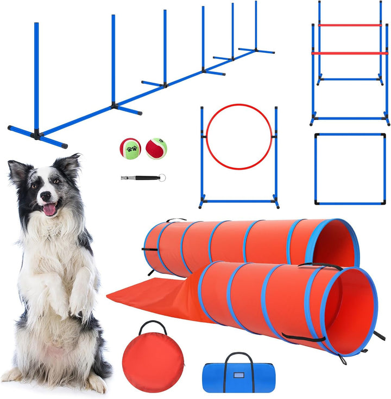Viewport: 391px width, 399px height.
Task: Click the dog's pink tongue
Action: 49,209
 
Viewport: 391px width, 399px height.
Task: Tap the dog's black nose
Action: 43,195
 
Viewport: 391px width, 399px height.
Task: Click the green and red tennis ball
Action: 130,148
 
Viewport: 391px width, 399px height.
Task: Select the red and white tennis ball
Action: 156,148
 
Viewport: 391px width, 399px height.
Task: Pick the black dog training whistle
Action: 138,177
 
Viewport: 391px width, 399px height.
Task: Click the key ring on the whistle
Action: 162,177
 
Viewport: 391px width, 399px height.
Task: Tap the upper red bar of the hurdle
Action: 349,25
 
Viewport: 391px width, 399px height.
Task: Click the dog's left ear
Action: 70,163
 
